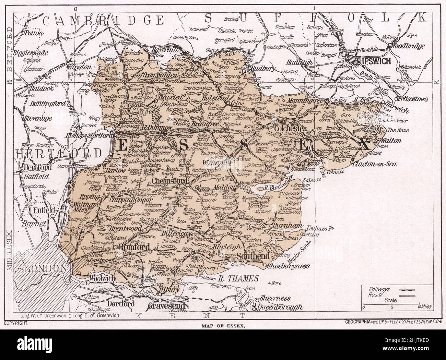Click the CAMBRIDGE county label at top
click(x=103, y=20)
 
